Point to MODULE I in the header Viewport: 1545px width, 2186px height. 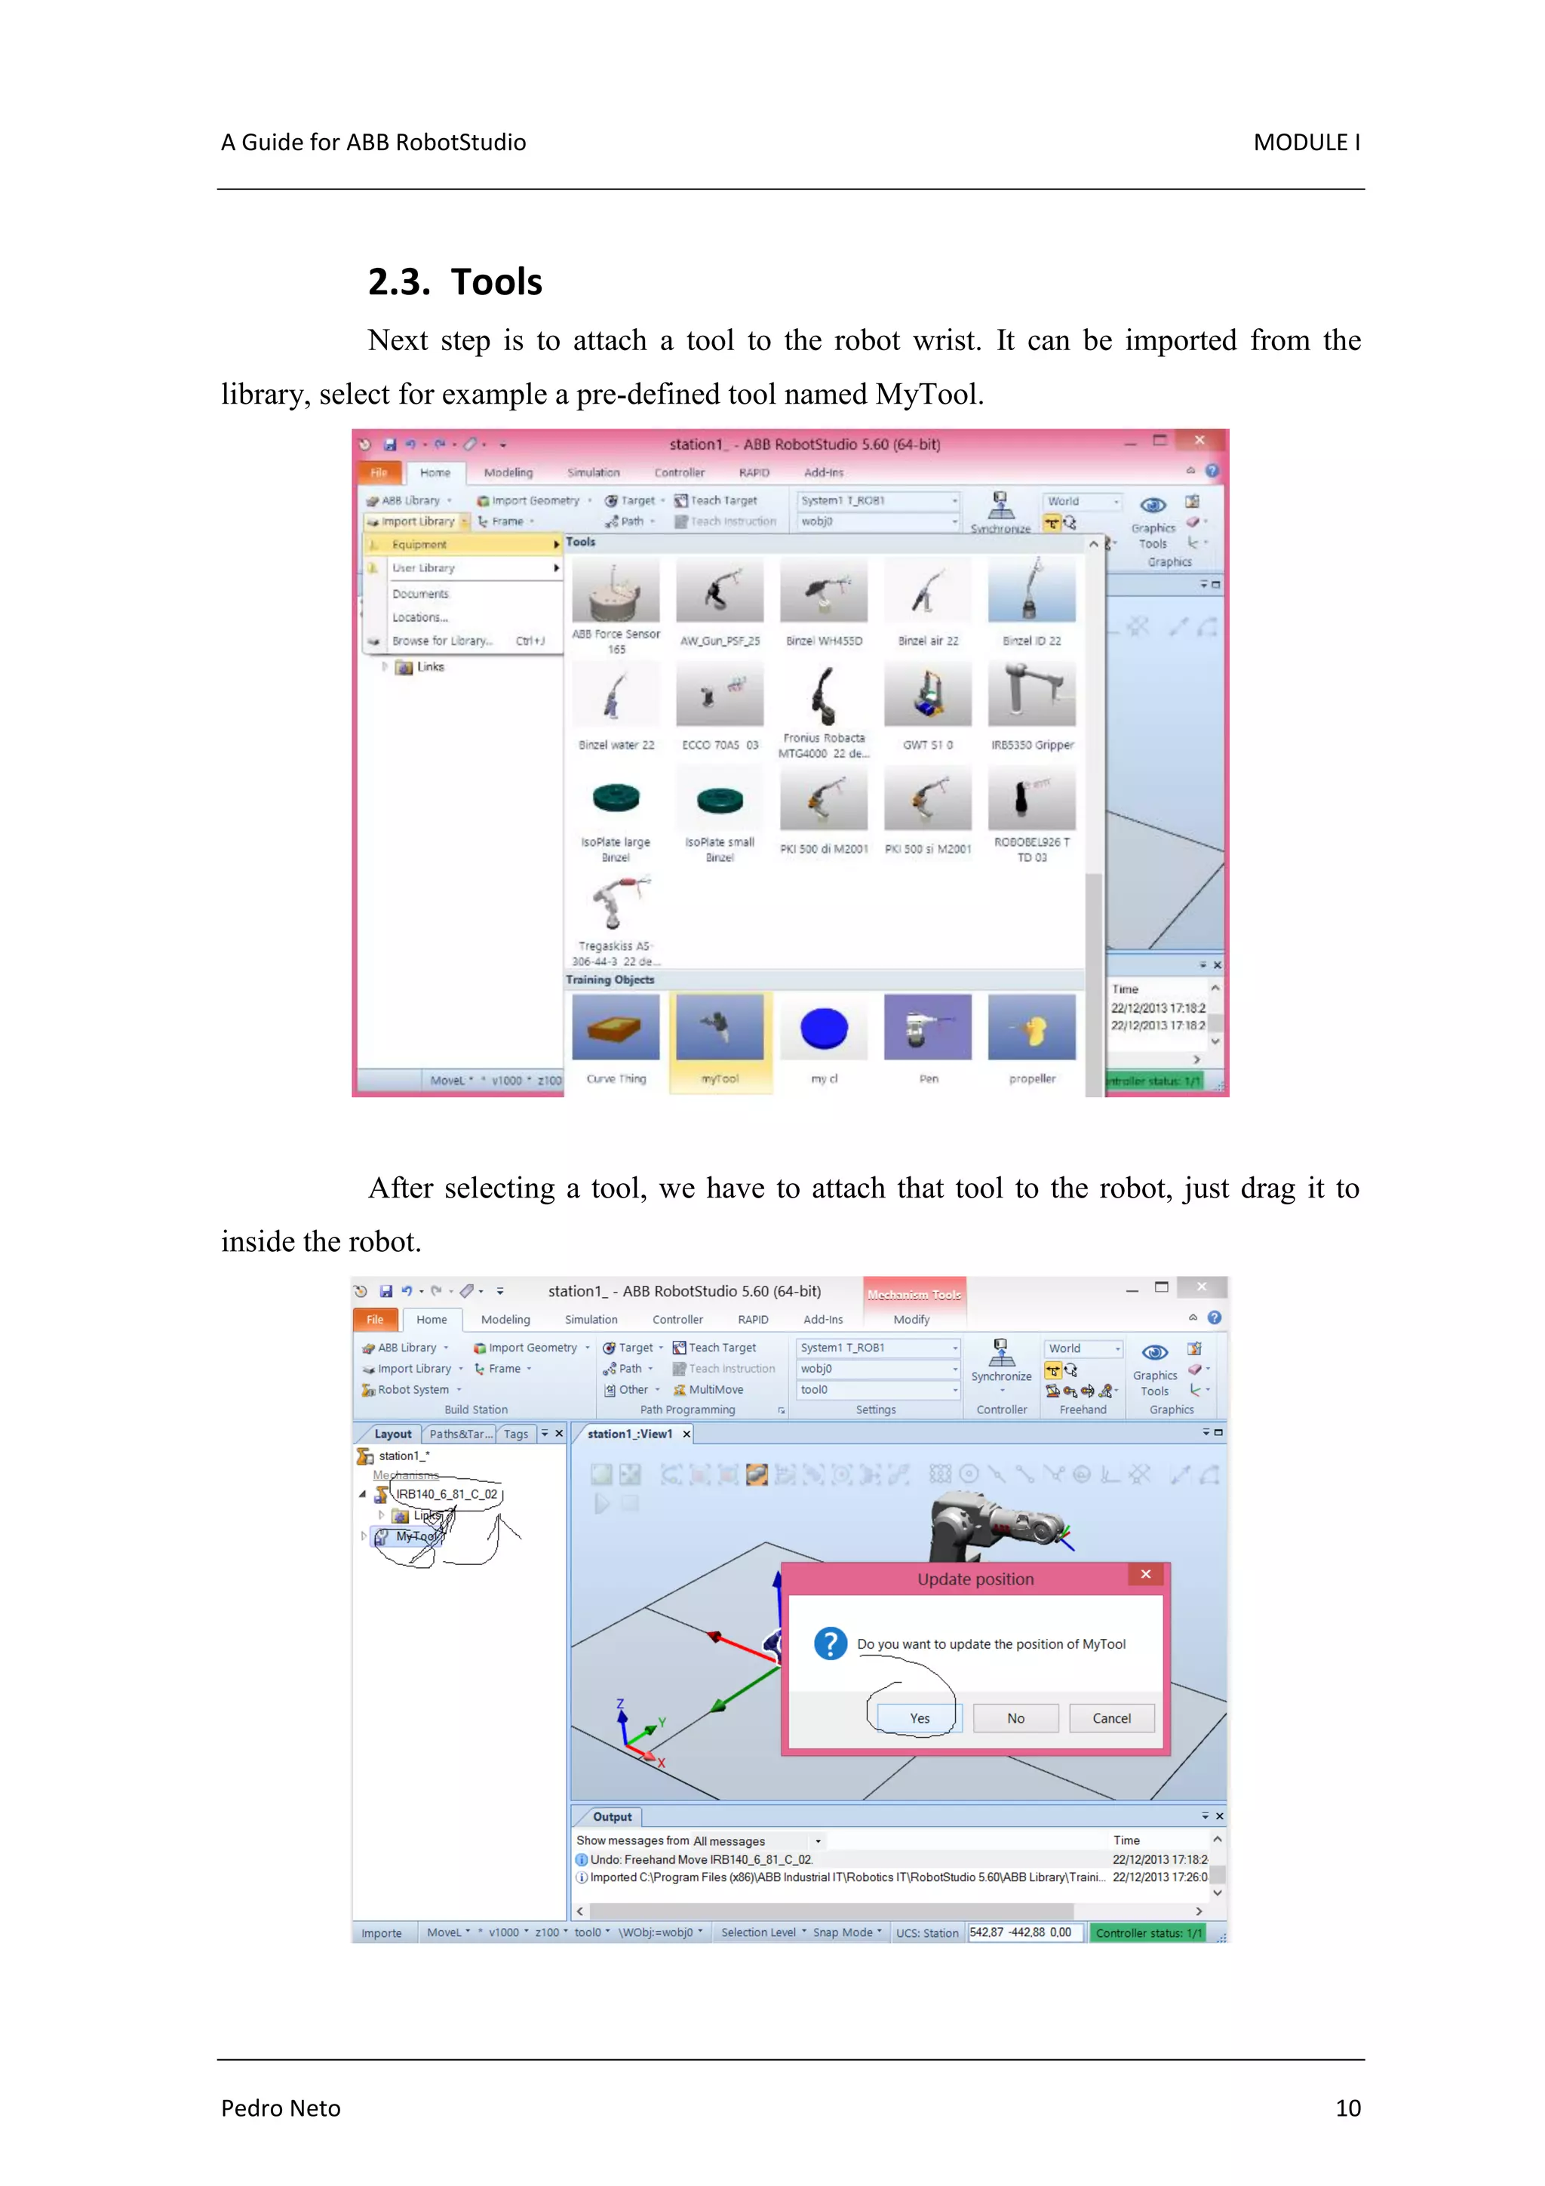[x=1306, y=142]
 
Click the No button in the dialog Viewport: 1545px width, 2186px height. [x=1015, y=1717]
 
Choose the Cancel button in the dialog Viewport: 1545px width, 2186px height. [x=1111, y=1717]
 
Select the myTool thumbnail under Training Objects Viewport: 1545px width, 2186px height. [x=720, y=1028]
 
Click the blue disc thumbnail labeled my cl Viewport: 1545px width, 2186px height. [x=824, y=1028]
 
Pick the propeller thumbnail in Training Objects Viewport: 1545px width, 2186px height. [x=1032, y=1028]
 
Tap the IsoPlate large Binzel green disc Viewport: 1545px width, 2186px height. [x=616, y=798]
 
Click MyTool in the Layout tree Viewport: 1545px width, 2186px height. [x=416, y=1536]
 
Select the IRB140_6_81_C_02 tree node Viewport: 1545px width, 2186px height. [x=446, y=1494]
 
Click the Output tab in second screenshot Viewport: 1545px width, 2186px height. [x=611, y=1816]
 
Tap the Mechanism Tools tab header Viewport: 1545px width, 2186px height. [x=914, y=1295]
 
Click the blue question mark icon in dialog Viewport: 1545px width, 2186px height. [x=830, y=1643]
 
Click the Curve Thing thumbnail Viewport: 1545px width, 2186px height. [x=616, y=1028]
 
